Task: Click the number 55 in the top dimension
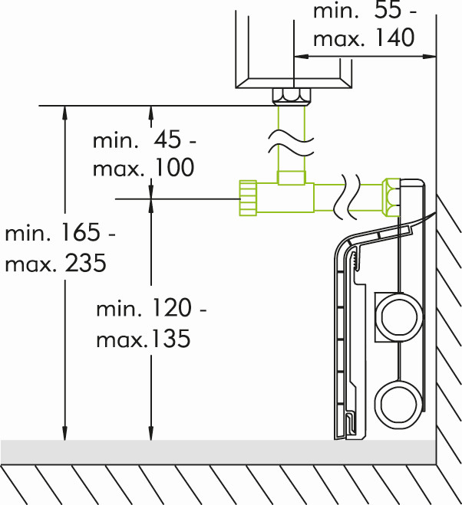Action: click(x=388, y=10)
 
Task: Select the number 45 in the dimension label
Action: click(x=167, y=140)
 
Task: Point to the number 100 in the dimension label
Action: click(x=173, y=167)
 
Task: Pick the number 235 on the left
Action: click(x=85, y=263)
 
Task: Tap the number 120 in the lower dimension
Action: click(x=171, y=307)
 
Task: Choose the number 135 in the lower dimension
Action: click(x=171, y=338)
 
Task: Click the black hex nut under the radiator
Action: click(x=292, y=96)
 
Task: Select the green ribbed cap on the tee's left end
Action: click(x=248, y=198)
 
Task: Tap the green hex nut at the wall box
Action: click(x=391, y=197)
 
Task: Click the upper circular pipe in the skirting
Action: click(x=399, y=317)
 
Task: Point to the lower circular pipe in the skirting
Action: click(x=399, y=404)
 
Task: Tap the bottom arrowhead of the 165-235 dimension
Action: click(x=64, y=434)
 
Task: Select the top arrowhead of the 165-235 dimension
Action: click(x=64, y=113)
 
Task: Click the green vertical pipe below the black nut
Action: click(x=292, y=139)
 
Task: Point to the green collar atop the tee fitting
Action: click(x=292, y=178)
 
